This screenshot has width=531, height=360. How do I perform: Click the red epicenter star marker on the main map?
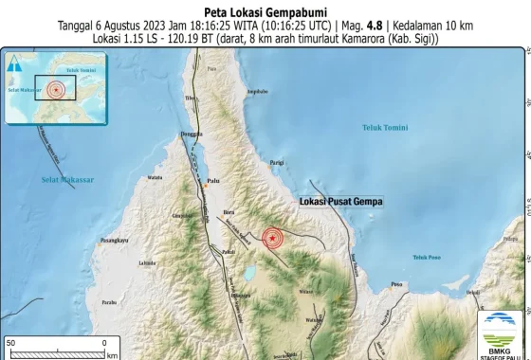272,239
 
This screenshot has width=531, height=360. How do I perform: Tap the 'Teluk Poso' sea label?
428,257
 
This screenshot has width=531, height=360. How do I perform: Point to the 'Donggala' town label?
192,135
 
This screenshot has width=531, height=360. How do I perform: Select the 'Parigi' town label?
276,163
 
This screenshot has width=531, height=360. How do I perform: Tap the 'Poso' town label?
397,283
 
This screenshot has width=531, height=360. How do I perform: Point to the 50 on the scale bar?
10,341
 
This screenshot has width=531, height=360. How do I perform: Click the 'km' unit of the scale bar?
112,355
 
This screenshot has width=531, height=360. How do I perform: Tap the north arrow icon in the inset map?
15,63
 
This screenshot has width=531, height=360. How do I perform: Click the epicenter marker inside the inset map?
57,88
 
